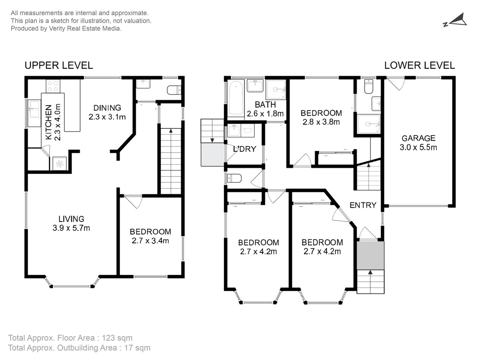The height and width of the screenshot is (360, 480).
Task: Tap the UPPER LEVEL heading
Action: click(59, 66)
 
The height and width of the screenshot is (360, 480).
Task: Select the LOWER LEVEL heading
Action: click(420, 66)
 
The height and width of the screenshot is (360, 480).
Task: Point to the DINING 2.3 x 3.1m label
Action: click(107, 112)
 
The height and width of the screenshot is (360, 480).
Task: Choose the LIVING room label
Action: click(71, 219)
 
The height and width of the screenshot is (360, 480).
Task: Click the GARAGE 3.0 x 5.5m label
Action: click(418, 143)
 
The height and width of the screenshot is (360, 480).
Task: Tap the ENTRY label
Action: click(363, 205)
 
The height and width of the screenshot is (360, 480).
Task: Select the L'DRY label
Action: click(244, 149)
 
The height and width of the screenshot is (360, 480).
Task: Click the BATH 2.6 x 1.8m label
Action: click(265, 109)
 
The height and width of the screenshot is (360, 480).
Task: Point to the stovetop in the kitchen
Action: click(53, 86)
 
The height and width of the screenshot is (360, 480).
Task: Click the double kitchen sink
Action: click(34, 113)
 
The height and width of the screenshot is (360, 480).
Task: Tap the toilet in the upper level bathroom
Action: click(174, 90)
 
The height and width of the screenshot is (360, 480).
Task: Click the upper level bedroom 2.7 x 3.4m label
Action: click(150, 236)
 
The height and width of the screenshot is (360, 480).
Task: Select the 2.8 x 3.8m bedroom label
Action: click(321, 117)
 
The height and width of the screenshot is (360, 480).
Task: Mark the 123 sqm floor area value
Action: click(117, 338)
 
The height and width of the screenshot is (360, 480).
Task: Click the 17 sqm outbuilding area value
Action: click(137, 348)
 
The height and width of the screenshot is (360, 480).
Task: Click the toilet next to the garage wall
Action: click(369, 86)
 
